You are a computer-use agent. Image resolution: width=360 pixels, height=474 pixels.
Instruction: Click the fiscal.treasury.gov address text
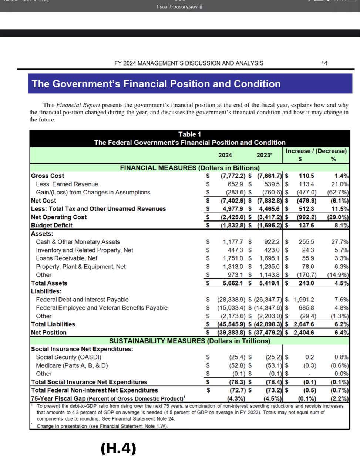177,7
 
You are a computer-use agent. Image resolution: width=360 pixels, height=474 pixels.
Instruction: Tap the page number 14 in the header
324,63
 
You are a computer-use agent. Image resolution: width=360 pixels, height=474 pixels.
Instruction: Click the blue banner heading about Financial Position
156,84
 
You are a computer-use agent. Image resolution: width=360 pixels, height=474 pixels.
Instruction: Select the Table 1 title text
189,134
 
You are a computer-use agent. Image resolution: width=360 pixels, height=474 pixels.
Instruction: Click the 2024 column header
225,155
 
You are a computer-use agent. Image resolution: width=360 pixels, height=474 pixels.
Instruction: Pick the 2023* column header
264,155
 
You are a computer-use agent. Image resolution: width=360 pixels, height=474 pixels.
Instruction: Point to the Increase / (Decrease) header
316,151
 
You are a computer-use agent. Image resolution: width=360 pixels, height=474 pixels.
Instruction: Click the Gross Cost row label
47,176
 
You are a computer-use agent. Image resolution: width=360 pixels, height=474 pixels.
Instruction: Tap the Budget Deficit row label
51,226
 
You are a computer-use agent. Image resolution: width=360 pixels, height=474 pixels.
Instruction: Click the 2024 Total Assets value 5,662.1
233,283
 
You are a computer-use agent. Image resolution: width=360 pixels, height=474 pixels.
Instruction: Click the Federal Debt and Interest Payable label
82,300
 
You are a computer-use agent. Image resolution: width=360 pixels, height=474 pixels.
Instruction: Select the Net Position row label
48,333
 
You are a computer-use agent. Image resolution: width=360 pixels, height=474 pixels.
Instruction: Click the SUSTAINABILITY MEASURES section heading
189,341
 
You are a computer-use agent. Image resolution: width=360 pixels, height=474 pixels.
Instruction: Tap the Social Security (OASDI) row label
68,357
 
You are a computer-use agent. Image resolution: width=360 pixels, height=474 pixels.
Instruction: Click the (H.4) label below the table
118,449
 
